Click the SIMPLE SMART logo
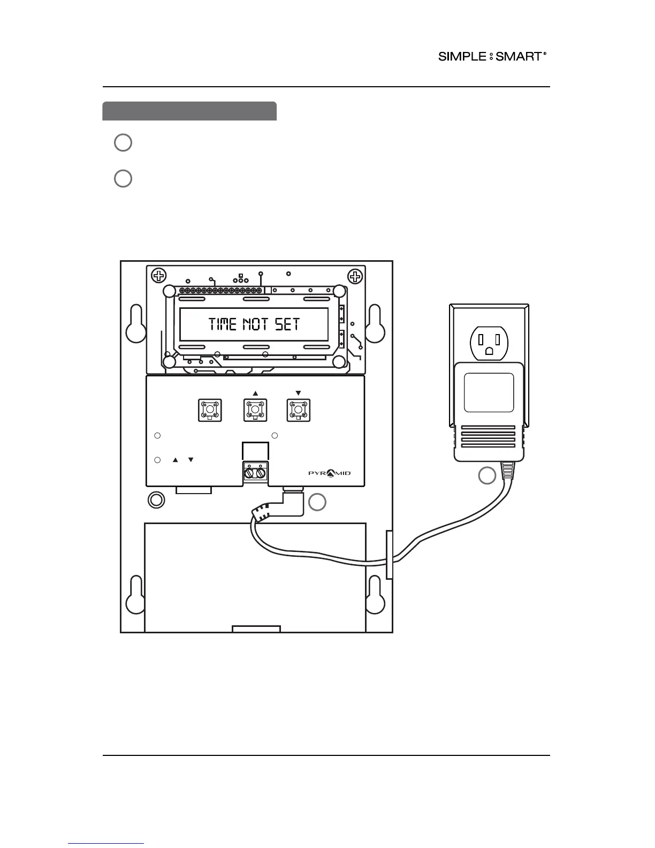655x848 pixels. coord(492,56)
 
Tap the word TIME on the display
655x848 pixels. coord(223,324)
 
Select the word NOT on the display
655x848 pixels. coord(256,324)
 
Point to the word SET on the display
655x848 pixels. coord(287,324)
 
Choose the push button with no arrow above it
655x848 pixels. coord(210,411)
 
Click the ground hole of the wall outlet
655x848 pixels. coord(489,351)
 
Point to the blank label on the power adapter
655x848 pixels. coord(489,393)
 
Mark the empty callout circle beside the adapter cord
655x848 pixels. coord(487,475)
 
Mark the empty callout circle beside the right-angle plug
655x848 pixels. coord(317,502)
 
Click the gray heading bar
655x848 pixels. coord(189,111)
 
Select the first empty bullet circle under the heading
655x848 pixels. coord(123,142)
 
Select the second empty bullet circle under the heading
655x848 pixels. coord(123,178)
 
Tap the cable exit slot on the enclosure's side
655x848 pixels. coord(389,555)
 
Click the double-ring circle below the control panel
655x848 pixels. coord(156,500)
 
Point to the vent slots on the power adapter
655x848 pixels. coord(488,437)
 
